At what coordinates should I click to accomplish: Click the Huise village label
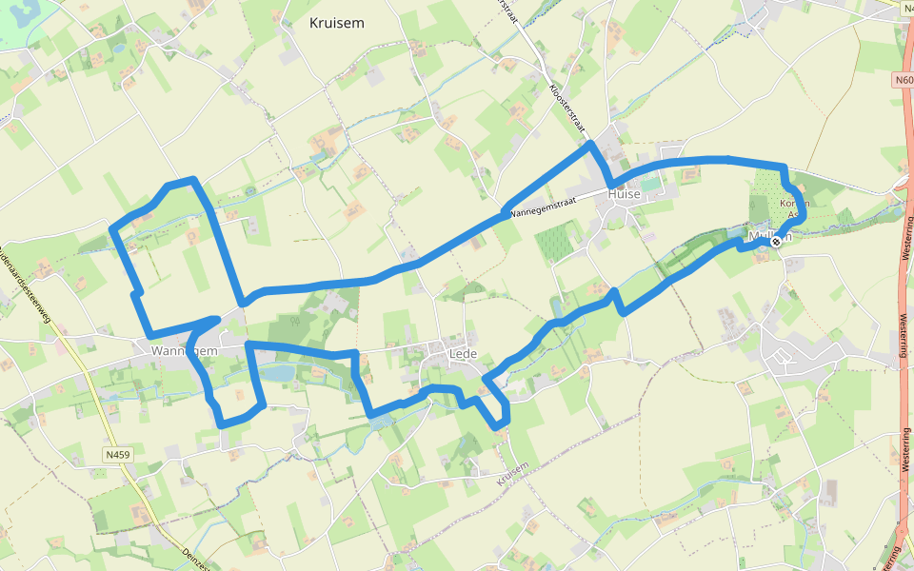(x=625, y=193)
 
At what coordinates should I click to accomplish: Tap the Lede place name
(x=462, y=354)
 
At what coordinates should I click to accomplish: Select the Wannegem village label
(x=184, y=351)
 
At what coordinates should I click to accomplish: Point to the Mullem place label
(x=767, y=235)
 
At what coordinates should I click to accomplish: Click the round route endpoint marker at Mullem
(x=776, y=242)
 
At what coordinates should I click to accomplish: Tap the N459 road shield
(x=117, y=456)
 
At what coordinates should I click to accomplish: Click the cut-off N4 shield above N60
(x=904, y=7)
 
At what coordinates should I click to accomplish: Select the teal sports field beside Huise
(x=649, y=185)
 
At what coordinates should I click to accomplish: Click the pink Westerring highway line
(x=904, y=314)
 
